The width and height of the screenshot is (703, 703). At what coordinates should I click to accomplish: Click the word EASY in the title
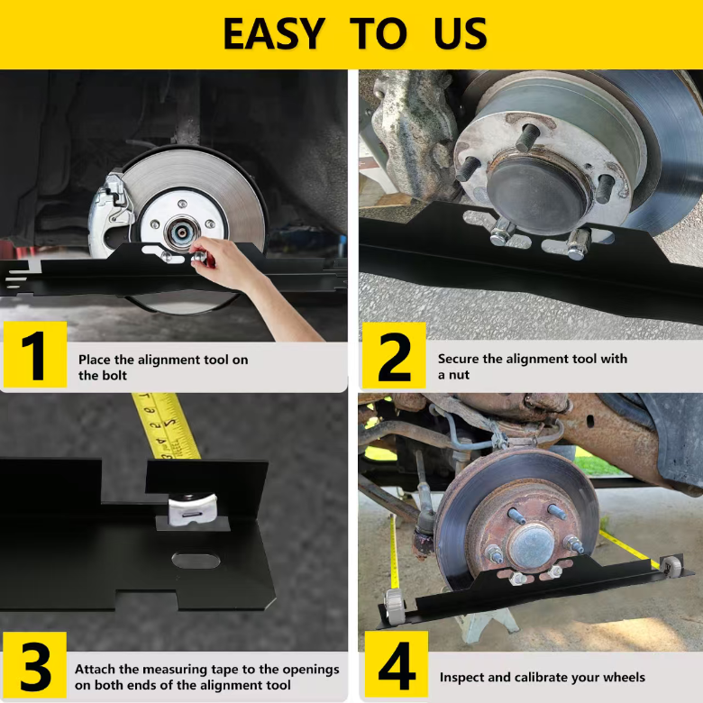coord(273,33)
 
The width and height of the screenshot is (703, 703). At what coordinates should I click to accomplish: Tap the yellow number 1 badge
coord(35,354)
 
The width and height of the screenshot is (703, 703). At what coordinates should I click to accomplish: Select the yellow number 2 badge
coord(394,355)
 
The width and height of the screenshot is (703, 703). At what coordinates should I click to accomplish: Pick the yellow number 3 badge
coord(34,664)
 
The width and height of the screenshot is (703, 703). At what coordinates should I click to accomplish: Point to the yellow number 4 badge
coord(397,664)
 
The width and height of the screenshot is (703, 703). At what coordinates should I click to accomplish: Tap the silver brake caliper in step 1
coord(110,215)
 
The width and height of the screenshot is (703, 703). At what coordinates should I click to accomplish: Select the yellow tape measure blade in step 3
coord(167,426)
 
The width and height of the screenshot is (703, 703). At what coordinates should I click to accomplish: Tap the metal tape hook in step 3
coord(192,509)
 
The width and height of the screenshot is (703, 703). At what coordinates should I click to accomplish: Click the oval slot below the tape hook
coord(196,561)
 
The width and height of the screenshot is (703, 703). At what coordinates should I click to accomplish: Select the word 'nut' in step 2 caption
coord(459,375)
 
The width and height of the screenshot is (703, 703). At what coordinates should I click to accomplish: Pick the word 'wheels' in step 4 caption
coord(623,677)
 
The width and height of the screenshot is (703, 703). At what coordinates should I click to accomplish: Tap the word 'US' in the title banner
coord(461,33)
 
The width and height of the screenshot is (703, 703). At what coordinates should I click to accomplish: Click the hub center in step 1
coord(182,233)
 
